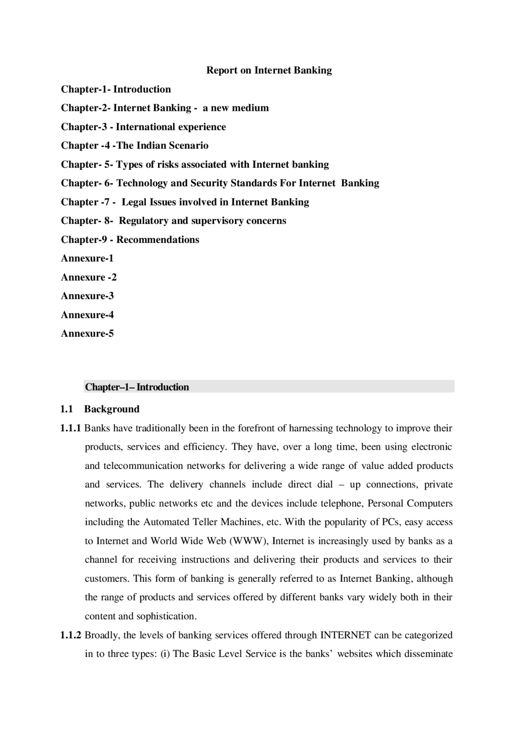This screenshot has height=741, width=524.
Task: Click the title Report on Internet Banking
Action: click(269, 70)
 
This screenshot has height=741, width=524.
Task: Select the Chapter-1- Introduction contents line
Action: click(116, 89)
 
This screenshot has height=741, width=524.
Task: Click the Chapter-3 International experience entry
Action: click(143, 127)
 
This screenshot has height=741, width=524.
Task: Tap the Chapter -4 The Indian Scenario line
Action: click(135, 146)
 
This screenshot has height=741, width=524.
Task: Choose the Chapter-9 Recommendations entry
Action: click(130, 240)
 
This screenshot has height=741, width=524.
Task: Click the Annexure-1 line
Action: click(87, 258)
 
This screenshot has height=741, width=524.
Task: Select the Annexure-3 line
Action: click(87, 296)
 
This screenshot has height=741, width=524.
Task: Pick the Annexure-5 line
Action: click(87, 333)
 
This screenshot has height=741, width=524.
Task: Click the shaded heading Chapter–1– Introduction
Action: click(137, 387)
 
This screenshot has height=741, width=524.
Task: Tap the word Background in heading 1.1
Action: click(112, 409)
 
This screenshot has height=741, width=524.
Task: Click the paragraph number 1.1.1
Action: click(71, 428)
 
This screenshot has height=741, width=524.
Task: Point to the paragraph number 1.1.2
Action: click(71, 635)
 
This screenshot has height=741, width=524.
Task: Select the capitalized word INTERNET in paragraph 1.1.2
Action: click(345, 635)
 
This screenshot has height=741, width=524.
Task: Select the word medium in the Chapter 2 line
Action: click(250, 108)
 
